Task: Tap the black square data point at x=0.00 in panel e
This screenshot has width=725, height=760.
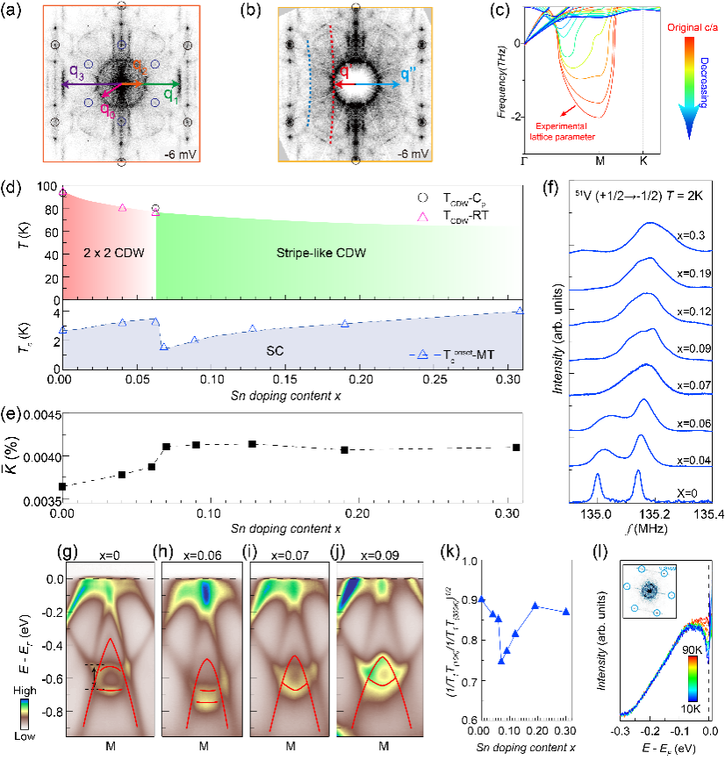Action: tap(61, 485)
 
